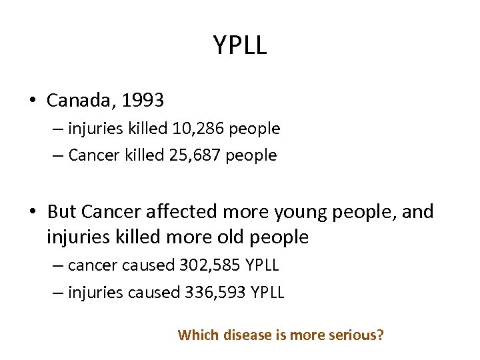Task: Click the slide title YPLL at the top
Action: [x=240, y=45]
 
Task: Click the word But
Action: [x=62, y=212]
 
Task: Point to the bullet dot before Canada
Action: [x=31, y=101]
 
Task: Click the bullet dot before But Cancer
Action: [x=31, y=213]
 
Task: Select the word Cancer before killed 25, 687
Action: [x=92, y=155]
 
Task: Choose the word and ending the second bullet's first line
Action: [x=419, y=212]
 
